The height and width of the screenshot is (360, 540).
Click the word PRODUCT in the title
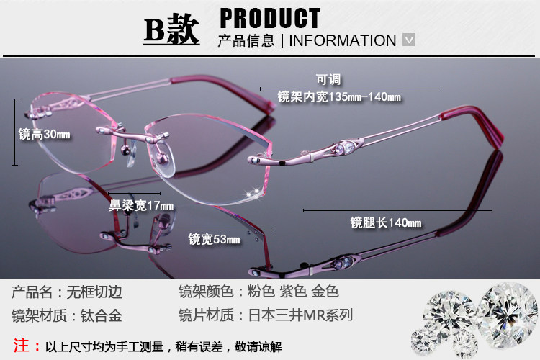pos(269,18)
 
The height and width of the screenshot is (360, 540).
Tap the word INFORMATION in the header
pos(343,40)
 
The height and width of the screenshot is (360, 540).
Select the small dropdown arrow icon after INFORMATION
pos(409,40)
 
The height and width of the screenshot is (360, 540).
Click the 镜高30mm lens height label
pos(44,135)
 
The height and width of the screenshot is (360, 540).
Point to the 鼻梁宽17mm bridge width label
pos(141,206)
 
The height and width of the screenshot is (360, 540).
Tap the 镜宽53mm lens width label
pos(214,239)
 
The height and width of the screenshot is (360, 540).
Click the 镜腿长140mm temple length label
pos(385,222)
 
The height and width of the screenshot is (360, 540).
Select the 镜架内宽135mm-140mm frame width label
pos(339,96)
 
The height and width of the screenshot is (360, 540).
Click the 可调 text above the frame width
pos(328,79)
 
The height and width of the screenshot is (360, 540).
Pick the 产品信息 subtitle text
pos(246,40)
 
